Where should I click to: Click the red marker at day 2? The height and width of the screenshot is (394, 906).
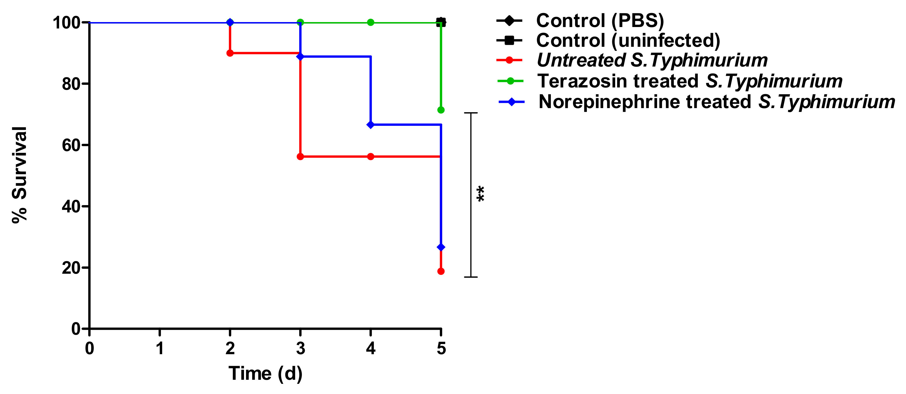(x=230, y=53)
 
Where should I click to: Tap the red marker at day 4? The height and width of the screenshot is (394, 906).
(x=371, y=157)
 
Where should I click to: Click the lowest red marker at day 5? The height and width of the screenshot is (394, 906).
(x=441, y=271)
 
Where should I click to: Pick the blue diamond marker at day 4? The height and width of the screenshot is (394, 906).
(x=371, y=125)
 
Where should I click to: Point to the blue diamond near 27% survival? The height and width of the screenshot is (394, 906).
(x=441, y=248)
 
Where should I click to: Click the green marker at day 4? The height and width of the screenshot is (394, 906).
(x=371, y=22)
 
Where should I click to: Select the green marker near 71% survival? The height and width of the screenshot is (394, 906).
(x=441, y=110)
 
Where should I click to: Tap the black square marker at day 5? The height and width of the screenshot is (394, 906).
(x=441, y=22)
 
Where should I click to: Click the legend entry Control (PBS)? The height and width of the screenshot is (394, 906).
(x=600, y=20)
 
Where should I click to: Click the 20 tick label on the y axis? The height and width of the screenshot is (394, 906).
(x=71, y=268)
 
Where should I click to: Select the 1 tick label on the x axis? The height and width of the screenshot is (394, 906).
(x=160, y=348)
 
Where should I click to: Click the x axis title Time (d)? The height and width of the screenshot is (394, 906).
(x=265, y=373)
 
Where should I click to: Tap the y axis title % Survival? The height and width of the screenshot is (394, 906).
(x=19, y=175)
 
